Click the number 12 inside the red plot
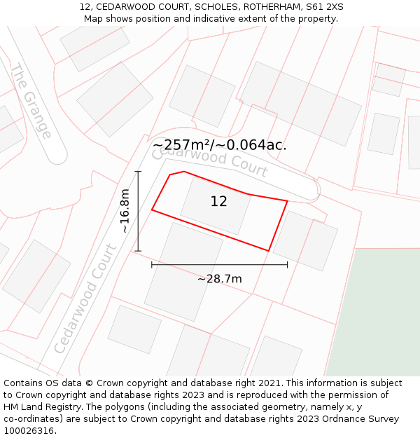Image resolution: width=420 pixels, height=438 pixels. click(x=218, y=202)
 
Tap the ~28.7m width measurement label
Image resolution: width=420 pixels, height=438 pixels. click(x=219, y=279)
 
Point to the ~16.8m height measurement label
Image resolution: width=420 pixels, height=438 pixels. click(x=125, y=211)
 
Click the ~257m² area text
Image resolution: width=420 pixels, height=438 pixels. click(x=181, y=145)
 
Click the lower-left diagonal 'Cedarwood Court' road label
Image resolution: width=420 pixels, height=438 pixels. click(x=85, y=299)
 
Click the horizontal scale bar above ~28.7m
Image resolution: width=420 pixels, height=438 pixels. click(x=219, y=264)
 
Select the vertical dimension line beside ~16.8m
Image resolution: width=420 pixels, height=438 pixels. click(x=138, y=211)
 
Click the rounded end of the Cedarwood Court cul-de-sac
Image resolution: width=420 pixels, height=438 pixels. click(x=309, y=188)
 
